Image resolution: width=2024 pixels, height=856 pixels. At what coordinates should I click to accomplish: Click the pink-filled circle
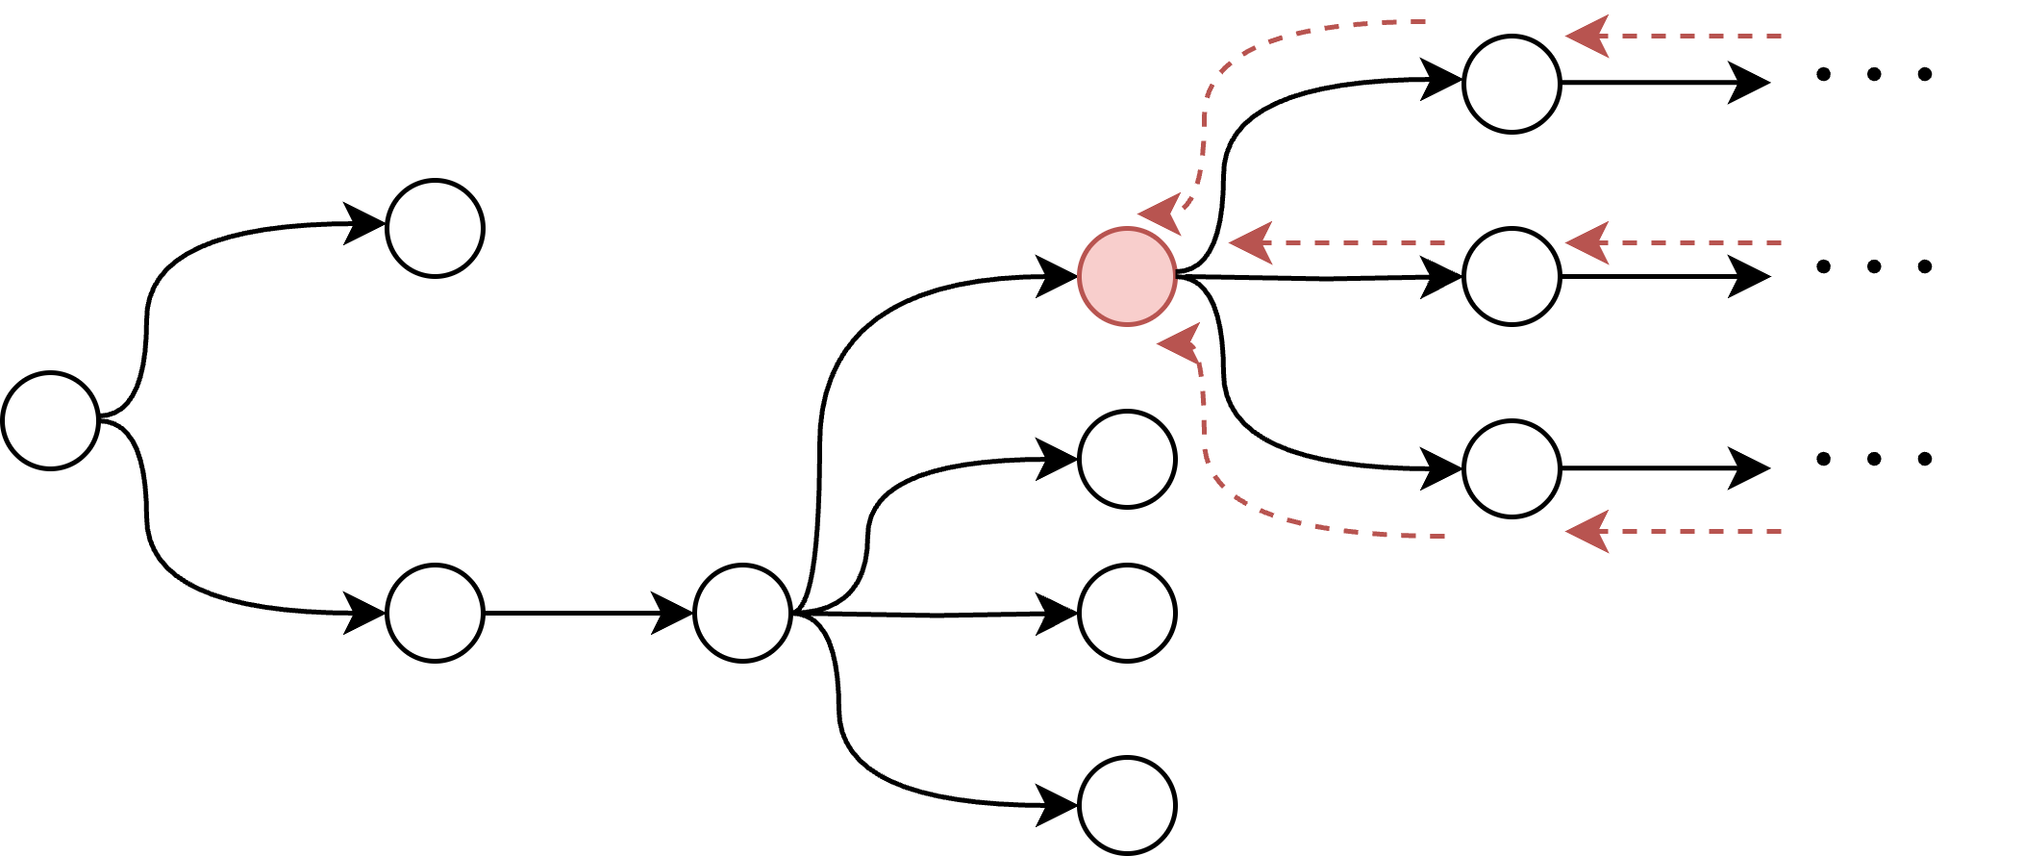click(x=1127, y=277)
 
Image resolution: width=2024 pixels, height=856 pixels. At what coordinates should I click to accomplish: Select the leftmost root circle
click(x=51, y=420)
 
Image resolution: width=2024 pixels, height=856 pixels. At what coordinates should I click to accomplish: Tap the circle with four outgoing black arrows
click(x=742, y=613)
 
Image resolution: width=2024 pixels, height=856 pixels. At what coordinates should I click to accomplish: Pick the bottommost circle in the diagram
click(x=1127, y=805)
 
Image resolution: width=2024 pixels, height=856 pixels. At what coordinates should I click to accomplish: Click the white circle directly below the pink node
click(x=1127, y=459)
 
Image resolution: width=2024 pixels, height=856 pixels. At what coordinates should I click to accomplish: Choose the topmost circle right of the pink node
click(x=1512, y=84)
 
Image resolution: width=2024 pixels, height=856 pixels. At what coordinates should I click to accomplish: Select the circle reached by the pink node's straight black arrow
click(x=1512, y=277)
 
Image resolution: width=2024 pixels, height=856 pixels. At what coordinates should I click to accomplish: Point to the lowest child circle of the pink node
click(x=1512, y=468)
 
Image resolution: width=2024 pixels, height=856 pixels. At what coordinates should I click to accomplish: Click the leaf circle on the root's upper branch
click(x=435, y=229)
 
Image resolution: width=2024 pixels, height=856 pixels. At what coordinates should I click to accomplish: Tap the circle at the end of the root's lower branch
click(x=435, y=613)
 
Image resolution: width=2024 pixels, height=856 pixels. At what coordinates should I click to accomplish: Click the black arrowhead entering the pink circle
click(x=1058, y=277)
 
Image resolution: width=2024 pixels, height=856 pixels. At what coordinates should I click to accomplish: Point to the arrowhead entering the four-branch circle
click(x=673, y=613)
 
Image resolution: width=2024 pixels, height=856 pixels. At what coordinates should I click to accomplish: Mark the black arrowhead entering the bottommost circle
click(x=1058, y=805)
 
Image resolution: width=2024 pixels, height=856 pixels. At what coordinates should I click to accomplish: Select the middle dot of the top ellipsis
click(x=1873, y=74)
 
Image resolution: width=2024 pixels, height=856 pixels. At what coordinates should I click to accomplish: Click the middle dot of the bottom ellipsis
click(x=1873, y=459)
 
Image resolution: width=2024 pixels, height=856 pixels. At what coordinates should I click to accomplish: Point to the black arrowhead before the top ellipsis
click(x=1750, y=84)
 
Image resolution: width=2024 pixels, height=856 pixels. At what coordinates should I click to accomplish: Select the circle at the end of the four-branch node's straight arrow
click(x=1127, y=613)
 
